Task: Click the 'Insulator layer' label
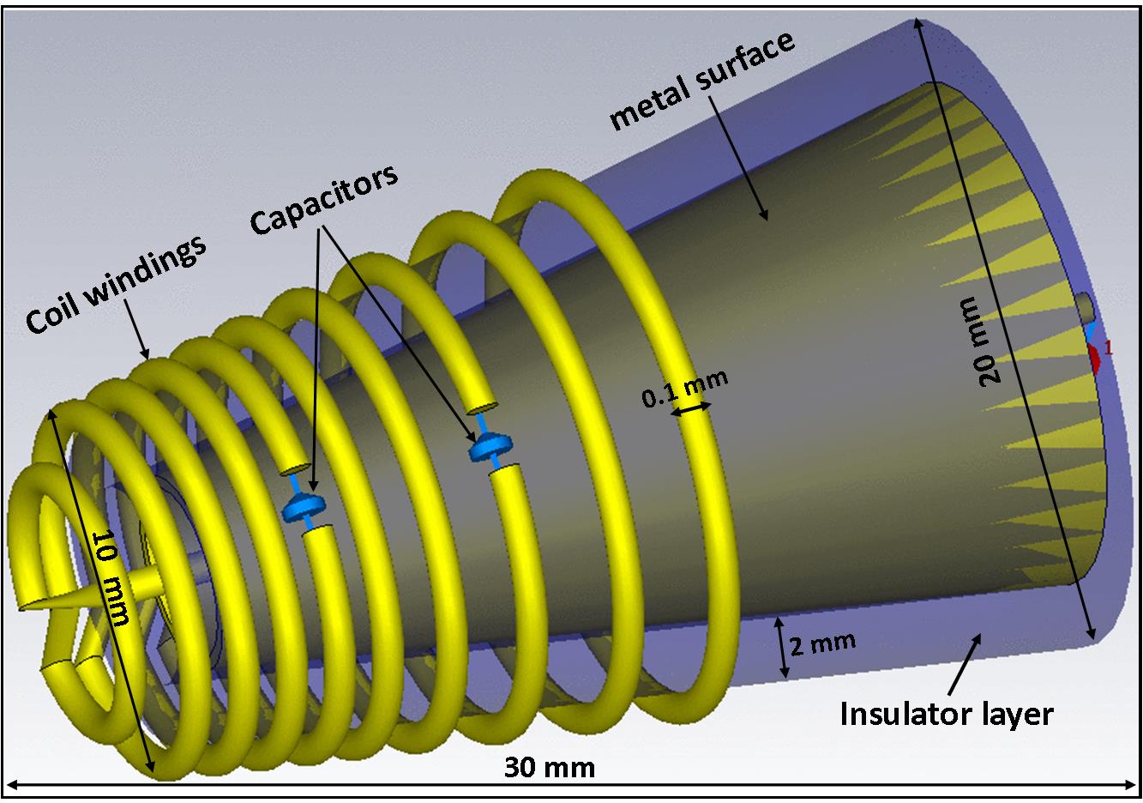click(946, 714)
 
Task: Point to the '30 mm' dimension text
click(549, 766)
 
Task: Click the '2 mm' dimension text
click(822, 643)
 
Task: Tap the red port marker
click(1095, 357)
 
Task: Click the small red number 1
click(1108, 347)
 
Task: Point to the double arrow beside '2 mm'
click(781, 645)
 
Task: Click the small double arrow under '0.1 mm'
click(691, 412)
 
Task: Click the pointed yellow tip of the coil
click(21, 606)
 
